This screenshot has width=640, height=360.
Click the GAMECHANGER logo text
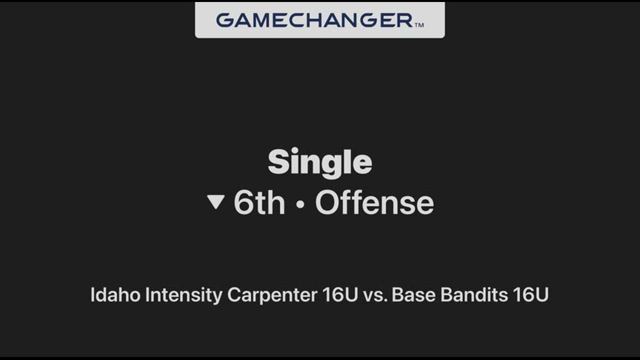(314, 20)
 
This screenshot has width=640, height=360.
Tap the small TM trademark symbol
(419, 25)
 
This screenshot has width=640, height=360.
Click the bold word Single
(320, 162)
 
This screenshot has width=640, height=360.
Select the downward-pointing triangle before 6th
(215, 201)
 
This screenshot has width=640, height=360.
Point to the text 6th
(259, 202)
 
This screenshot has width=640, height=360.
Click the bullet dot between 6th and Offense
(300, 204)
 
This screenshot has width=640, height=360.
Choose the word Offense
(374, 202)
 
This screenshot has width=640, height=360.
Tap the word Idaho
(115, 294)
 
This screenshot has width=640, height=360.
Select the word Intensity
(183, 295)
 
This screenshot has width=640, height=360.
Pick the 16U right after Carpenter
(340, 294)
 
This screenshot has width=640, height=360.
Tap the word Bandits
(474, 294)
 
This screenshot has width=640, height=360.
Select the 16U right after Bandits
(531, 294)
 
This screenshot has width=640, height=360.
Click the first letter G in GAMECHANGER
(224, 20)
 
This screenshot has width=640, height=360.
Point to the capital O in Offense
(327, 203)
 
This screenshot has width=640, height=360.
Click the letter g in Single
(332, 166)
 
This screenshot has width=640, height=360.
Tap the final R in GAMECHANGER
(404, 20)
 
